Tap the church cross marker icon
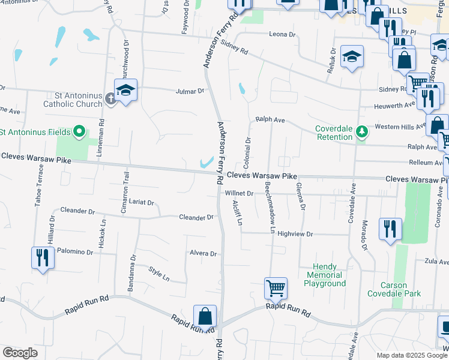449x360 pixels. click(x=110, y=98)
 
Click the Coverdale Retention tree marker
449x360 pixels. click(x=361, y=131)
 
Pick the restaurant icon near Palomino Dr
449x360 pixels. click(x=43, y=257)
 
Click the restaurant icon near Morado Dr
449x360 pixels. click(x=390, y=229)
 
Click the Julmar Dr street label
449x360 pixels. click(x=190, y=92)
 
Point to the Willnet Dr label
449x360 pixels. click(x=240, y=194)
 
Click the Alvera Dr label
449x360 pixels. click(x=203, y=254)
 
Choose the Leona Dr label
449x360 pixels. click(x=282, y=35)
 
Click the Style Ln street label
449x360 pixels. click(x=160, y=274)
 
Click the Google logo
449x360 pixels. click(x=20, y=353)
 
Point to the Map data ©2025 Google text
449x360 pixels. click(x=411, y=355)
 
